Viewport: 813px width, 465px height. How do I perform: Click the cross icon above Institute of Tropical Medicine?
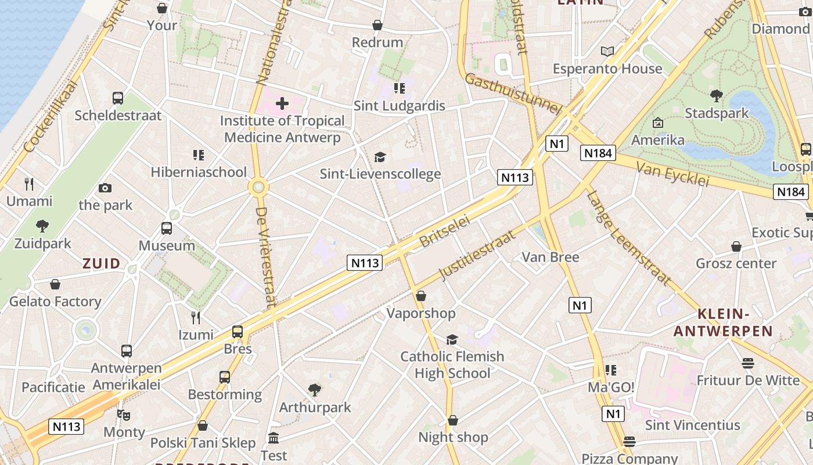[282, 104]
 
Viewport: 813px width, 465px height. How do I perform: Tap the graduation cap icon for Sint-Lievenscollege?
[380, 157]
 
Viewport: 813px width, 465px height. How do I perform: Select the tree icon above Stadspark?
[717, 95]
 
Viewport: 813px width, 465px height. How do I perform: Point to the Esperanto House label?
[607, 69]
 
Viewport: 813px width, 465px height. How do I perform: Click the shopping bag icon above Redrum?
[377, 25]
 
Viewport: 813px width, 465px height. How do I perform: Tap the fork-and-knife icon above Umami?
[30, 184]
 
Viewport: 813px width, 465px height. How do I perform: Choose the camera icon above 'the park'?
[105, 188]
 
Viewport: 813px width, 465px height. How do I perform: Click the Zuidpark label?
[42, 243]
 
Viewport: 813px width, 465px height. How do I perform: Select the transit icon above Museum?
[167, 228]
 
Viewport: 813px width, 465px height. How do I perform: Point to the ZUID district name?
[101, 263]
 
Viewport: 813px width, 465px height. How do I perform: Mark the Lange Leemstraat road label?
[628, 238]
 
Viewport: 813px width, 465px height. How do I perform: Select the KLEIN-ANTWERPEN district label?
[722, 323]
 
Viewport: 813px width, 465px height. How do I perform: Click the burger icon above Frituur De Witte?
[748, 363]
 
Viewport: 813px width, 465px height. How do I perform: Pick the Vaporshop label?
[421, 313]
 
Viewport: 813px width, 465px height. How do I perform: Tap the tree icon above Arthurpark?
[315, 389]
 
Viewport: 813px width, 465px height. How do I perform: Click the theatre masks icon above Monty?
[123, 415]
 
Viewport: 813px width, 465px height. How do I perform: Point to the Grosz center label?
[736, 263]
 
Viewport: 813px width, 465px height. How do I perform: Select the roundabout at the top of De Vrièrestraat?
[258, 187]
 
